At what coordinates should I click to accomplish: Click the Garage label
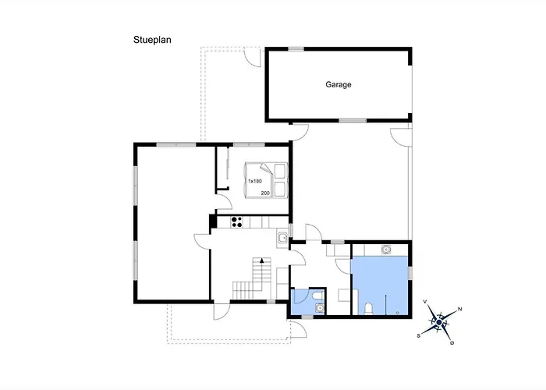pyautogui.click(x=338, y=84)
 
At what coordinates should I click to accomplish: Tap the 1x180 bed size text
pyautogui.click(x=254, y=181)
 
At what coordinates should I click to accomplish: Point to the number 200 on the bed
pyautogui.click(x=265, y=192)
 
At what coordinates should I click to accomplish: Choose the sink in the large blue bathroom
pyautogui.click(x=385, y=250)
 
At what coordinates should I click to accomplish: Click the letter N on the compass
pyautogui.click(x=459, y=309)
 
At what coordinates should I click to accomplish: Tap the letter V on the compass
pyautogui.click(x=424, y=301)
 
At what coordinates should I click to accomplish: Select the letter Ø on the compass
pyautogui.click(x=452, y=342)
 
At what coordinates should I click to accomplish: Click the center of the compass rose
pyautogui.click(x=439, y=321)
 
